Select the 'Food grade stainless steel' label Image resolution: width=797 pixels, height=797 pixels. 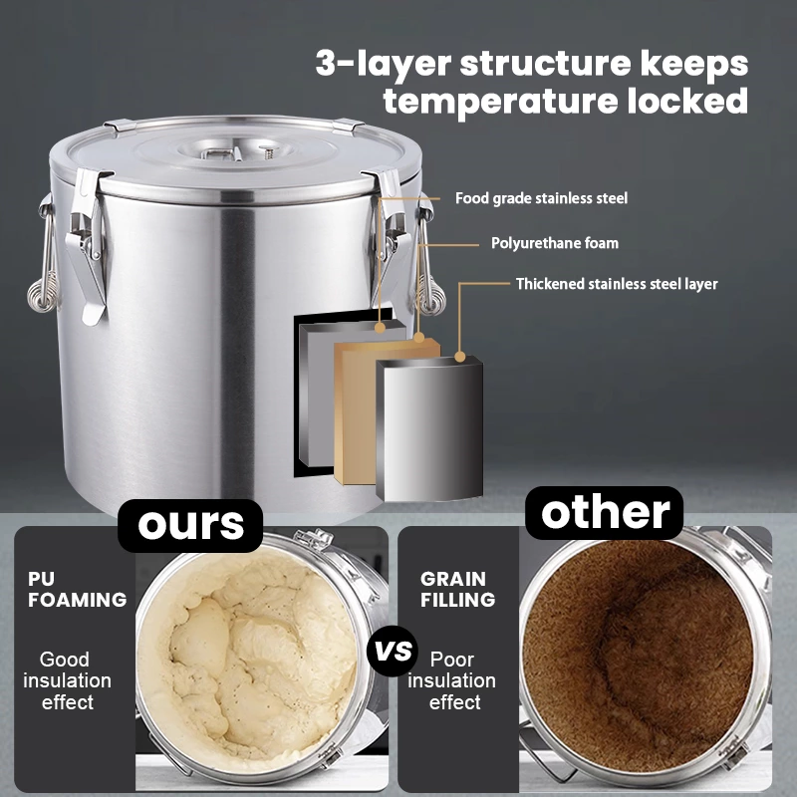[541, 198]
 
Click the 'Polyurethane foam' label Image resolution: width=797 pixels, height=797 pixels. [554, 243]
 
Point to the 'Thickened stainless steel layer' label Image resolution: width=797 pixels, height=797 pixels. [616, 284]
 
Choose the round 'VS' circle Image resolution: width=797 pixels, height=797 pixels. [393, 652]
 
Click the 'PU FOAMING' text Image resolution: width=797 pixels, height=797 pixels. [77, 589]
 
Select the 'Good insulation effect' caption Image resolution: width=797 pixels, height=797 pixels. [67, 680]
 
